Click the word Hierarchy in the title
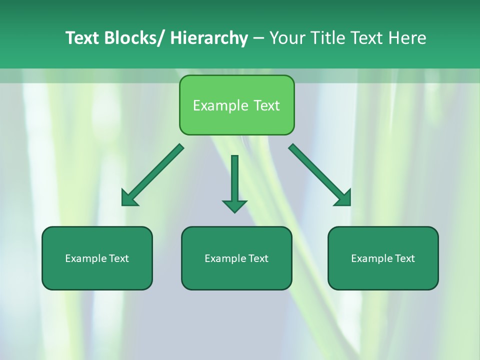tap(209, 38)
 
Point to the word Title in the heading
tap(328, 38)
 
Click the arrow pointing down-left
tap(152, 175)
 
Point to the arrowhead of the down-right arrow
tap(344, 198)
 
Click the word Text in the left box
tap(119, 258)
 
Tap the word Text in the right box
tap(405, 258)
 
